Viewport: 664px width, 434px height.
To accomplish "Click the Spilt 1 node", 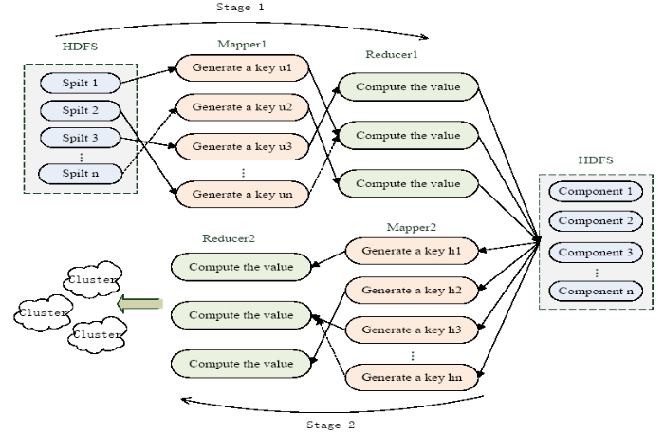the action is click(81, 83).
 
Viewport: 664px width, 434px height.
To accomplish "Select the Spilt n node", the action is click(81, 174).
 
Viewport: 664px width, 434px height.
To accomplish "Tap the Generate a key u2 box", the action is click(242, 107).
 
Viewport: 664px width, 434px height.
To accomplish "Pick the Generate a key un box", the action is click(242, 194).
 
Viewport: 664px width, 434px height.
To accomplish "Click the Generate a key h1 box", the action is click(412, 251).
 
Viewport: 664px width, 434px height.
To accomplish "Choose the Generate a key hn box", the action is click(412, 377).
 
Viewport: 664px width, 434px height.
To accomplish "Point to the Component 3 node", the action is click(596, 253).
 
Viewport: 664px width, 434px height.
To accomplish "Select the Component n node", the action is click(596, 292).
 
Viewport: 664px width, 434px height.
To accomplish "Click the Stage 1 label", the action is click(240, 7).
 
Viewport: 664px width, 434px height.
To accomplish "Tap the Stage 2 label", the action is click(330, 425).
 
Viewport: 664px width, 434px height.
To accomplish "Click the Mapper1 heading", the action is click(242, 44).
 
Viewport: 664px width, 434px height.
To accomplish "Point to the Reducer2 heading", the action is click(229, 238).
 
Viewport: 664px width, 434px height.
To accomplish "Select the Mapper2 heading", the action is click(411, 227).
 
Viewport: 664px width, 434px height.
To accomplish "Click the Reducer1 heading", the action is click(392, 54).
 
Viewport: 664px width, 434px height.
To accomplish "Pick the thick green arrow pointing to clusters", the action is click(139, 304).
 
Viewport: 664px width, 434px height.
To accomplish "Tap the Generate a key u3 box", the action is click(242, 146).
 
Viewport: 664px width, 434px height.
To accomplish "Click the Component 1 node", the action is click(596, 191).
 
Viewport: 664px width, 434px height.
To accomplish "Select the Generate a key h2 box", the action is click(412, 291).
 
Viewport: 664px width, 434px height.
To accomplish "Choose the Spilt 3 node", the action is click(81, 138).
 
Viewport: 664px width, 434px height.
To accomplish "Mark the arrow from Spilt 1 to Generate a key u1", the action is click(148, 75).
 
